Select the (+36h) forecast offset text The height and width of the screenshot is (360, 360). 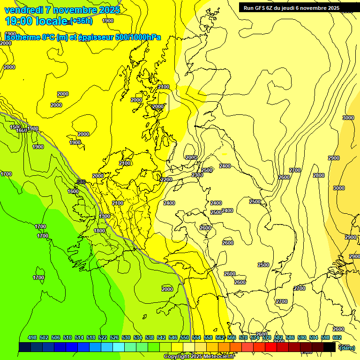click(x=82, y=21)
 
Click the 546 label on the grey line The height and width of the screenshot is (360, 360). click(x=81, y=182)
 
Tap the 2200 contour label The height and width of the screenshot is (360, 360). click(x=166, y=180)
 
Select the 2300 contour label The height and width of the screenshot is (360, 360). click(x=197, y=175)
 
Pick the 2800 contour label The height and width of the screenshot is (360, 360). click(x=319, y=175)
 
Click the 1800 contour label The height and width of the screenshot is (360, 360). click(x=99, y=231)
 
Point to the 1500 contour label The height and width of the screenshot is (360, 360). click(x=15, y=127)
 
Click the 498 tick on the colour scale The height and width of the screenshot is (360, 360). click(x=32, y=337)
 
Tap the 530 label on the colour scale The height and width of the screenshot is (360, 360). click(x=126, y=337)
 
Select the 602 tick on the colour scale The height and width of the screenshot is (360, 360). click(x=337, y=337)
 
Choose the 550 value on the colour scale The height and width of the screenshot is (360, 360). click(x=185, y=337)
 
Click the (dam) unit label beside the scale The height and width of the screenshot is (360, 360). click(x=347, y=347)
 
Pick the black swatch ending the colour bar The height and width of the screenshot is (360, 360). click(x=330, y=347)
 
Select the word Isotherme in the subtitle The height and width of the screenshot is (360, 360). click(x=21, y=37)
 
